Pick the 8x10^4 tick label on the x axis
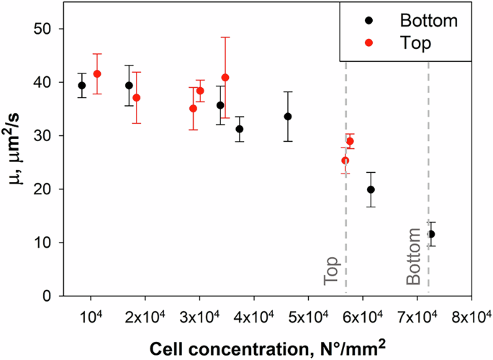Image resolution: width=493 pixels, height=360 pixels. [471, 315]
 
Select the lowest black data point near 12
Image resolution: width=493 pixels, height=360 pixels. [431, 234]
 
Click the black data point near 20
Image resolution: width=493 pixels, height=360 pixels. [371, 189]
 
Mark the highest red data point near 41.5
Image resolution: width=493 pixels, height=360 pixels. [97, 73]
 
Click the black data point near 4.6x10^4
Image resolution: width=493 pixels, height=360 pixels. [288, 116]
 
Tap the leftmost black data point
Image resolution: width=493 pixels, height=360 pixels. [82, 86]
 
